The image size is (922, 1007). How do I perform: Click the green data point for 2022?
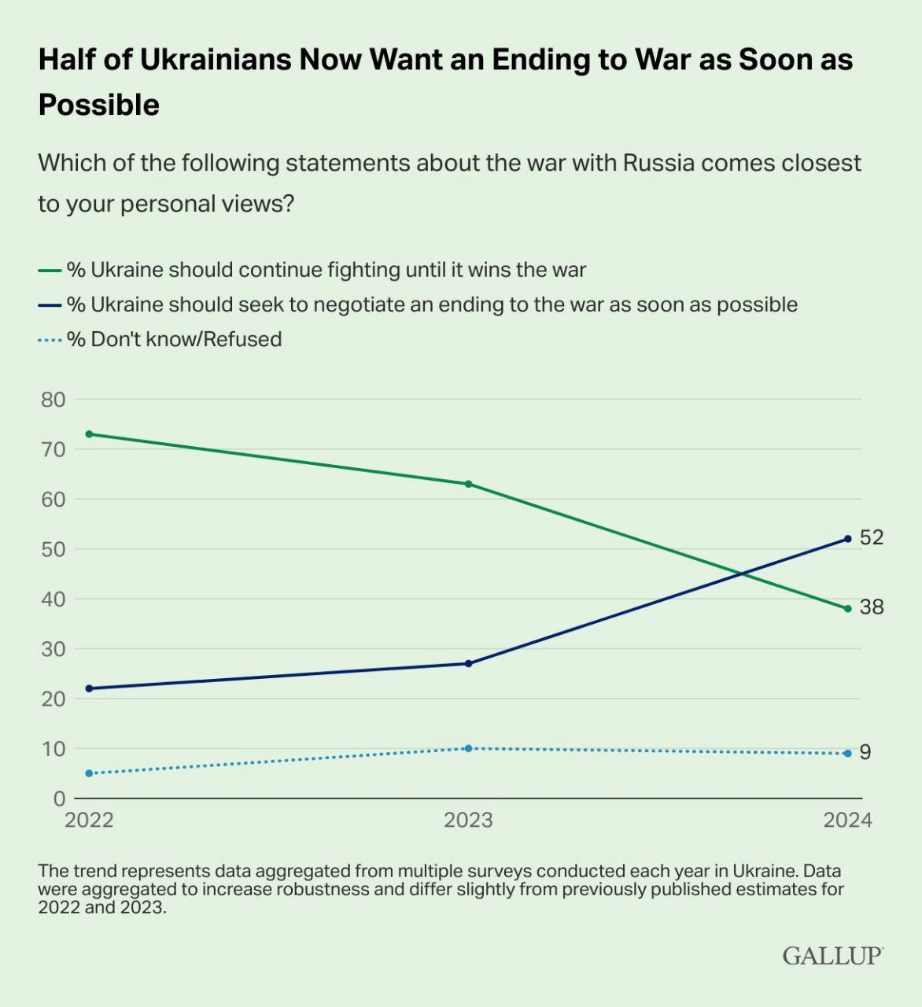(89, 434)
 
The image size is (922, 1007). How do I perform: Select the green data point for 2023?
(468, 484)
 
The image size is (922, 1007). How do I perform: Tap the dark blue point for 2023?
(468, 664)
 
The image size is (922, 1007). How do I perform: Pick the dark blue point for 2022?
(89, 688)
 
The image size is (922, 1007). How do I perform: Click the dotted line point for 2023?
(468, 748)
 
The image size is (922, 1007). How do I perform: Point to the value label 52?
(872, 537)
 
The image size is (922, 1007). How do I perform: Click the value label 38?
(872, 607)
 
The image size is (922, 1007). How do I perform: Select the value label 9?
(865, 753)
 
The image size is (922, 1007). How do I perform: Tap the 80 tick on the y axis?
(53, 400)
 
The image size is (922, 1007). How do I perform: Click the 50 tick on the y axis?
(53, 549)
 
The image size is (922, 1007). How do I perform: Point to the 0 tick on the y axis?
(59, 799)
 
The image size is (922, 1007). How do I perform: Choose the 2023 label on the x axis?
(468, 821)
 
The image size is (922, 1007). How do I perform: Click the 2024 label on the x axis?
(847, 821)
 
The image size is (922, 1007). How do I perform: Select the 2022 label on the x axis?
(89, 821)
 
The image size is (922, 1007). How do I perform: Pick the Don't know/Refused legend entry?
(174, 339)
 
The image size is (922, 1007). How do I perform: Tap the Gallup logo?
(832, 956)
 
